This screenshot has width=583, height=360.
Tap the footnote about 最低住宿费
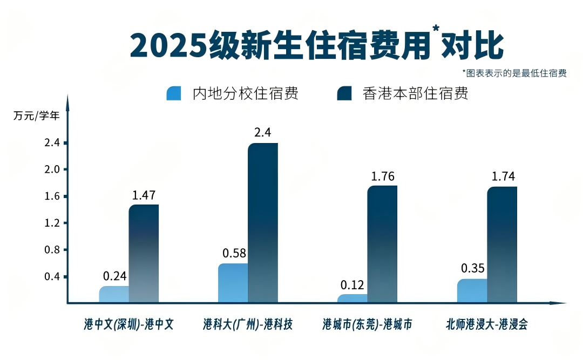(x=514, y=73)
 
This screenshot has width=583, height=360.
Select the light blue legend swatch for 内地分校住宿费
(x=174, y=93)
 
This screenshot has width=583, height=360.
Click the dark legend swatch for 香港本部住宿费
(x=344, y=93)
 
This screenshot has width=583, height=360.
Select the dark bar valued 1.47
(x=144, y=254)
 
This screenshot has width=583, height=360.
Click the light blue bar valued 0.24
(x=114, y=294)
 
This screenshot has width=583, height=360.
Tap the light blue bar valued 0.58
(x=233, y=283)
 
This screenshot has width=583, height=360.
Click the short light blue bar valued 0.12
(x=352, y=298)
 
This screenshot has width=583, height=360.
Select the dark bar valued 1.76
(x=382, y=244)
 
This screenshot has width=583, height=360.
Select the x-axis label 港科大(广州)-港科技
(x=248, y=324)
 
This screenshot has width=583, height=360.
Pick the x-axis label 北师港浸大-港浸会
(x=486, y=324)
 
